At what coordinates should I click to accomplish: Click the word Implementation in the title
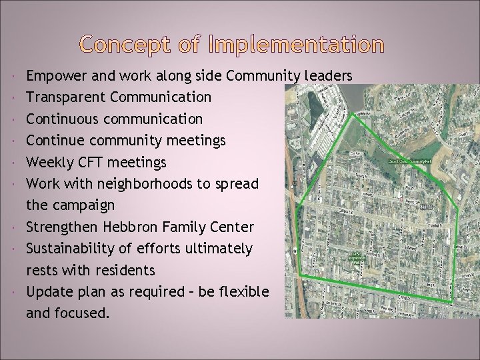pyautogui.click(x=296, y=45)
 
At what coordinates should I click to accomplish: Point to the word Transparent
pyautogui.click(x=66, y=97)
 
